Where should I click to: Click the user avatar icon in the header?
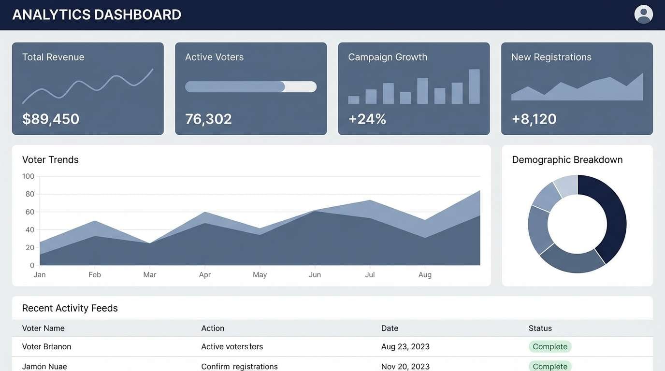tap(643, 14)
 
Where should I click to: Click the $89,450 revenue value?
tap(51, 119)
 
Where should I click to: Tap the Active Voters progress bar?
tap(250, 87)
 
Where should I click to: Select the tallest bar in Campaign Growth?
tap(474, 86)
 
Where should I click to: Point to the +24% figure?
tap(367, 119)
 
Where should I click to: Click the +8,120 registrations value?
tap(534, 119)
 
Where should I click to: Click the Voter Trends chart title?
tap(50, 160)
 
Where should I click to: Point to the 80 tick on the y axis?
tap(29, 194)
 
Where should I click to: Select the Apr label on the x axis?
tap(205, 275)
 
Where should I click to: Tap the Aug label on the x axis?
tap(425, 275)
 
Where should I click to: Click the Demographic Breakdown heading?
tap(567, 160)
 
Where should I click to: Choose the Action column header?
tap(213, 328)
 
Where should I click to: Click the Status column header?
tap(540, 328)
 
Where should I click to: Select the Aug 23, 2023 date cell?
tap(405, 347)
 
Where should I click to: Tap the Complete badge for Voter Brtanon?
tap(549, 347)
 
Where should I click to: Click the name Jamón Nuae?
tap(44, 367)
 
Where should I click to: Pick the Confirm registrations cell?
tap(239, 367)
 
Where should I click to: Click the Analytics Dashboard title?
tap(97, 15)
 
